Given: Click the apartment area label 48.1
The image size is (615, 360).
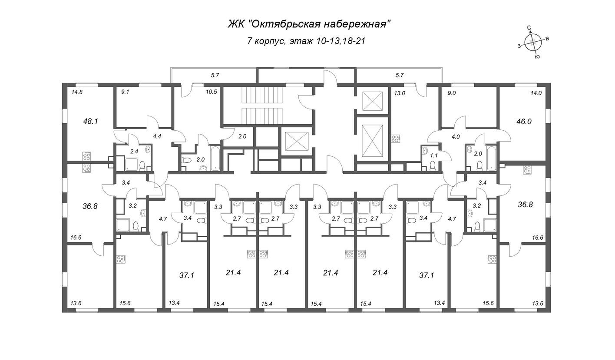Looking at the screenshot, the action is point(91,121).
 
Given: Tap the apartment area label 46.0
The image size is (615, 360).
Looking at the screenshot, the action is point(524,121).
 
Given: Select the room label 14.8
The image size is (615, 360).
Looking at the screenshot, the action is point(77,92).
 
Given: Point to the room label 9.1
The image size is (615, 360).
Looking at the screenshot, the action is point(125,92).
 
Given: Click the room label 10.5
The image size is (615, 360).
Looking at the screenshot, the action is point(212,92).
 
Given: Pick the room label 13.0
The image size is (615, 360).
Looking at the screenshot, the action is point(400,93).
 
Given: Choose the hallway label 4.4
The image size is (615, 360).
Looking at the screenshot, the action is point(157,136).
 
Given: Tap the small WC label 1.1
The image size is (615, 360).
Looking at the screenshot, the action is point(434,155).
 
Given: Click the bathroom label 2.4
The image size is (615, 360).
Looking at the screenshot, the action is point(134,151).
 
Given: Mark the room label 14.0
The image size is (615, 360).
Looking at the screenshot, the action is point(536,93).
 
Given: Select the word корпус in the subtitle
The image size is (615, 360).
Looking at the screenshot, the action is point(270,41).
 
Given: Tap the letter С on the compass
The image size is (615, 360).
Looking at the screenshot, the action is point(529,28).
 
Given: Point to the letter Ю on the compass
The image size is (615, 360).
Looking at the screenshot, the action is point(538,56).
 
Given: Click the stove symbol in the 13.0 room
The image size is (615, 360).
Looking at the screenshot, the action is point(396,139).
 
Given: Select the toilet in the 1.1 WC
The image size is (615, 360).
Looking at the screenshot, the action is point(433,166).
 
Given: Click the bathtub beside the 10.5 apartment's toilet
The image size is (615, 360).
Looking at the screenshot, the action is point(215,159).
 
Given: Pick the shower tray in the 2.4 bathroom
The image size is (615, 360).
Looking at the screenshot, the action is point(131,164).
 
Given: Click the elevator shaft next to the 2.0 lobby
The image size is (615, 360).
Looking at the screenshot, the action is point(297,141).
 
